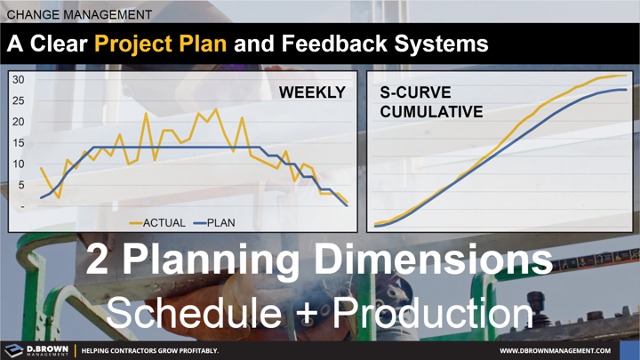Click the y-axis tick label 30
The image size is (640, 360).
(x=18, y=80)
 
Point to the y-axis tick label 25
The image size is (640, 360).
(x=18, y=100)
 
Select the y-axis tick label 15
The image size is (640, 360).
(x=18, y=143)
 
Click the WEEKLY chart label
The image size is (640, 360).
(x=313, y=92)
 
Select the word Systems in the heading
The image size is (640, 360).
(x=441, y=43)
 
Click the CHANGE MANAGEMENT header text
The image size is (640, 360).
(x=78, y=14)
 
